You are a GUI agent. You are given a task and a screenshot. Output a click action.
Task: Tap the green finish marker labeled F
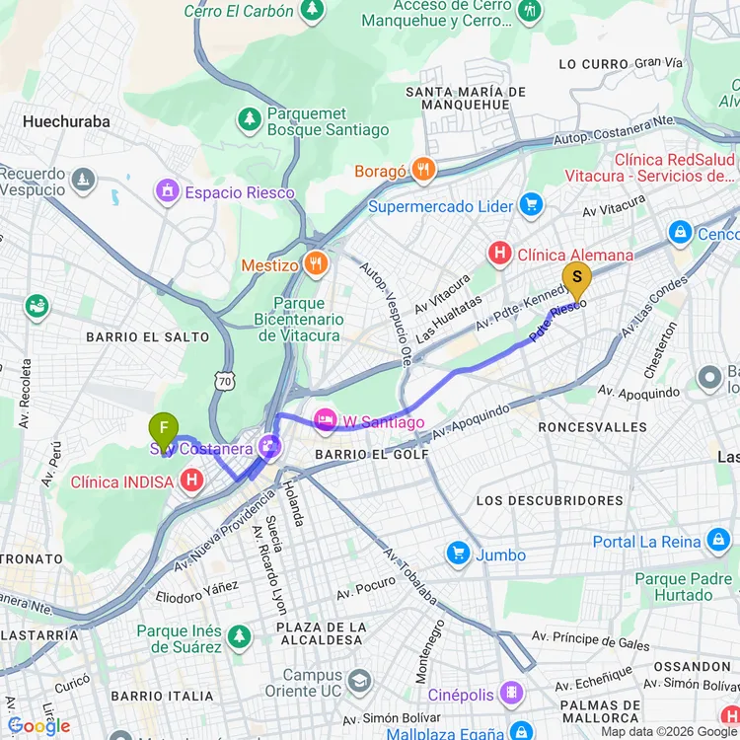click(x=164, y=429)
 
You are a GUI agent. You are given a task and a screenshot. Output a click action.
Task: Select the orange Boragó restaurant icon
click(x=423, y=170)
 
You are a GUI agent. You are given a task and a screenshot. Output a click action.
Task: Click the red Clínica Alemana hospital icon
click(x=500, y=255)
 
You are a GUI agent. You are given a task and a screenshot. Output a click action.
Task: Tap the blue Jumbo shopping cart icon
click(x=458, y=554)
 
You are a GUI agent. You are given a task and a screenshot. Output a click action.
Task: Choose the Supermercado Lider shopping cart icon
click(x=532, y=205)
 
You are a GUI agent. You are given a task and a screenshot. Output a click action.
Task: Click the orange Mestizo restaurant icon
click(x=316, y=263)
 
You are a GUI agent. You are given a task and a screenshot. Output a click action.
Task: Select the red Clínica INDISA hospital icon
click(x=192, y=481)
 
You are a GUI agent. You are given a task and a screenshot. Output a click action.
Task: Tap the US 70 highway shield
click(x=226, y=378)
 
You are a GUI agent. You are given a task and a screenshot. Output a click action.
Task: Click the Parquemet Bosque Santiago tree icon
click(x=250, y=119)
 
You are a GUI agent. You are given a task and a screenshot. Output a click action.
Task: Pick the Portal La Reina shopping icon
click(x=717, y=541)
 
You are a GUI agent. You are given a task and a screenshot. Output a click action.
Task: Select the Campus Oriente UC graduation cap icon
click(x=359, y=681)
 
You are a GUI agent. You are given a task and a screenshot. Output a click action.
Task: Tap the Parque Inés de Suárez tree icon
click(x=238, y=636)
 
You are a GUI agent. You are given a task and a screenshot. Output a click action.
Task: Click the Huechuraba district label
click(x=66, y=122)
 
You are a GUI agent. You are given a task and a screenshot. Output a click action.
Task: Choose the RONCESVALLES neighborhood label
click(x=593, y=427)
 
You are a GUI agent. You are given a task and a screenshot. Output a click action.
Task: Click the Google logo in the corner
click(x=39, y=726)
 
